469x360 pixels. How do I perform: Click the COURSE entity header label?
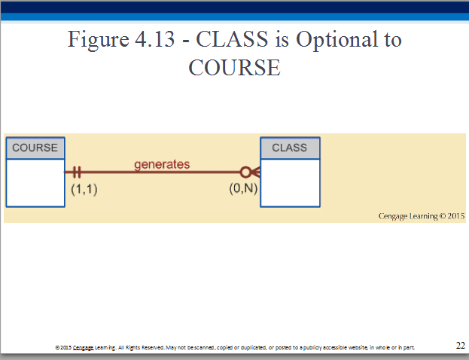[x=35, y=148]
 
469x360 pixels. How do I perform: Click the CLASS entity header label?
[x=289, y=148]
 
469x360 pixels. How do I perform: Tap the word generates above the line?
[x=162, y=165]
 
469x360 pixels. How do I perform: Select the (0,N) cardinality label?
[x=243, y=188]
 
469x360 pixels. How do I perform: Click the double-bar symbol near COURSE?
[x=77, y=172]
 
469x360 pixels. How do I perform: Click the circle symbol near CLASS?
[x=245, y=172]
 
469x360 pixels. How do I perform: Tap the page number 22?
[x=460, y=346]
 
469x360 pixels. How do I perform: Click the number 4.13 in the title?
[x=154, y=39]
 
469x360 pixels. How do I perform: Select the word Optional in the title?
[x=337, y=40]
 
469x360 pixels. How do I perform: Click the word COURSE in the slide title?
[x=234, y=67]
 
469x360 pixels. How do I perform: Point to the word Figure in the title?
[x=98, y=40]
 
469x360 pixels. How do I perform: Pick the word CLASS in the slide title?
[x=232, y=39]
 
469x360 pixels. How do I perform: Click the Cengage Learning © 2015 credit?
[x=422, y=216]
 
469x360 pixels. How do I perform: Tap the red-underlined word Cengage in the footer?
[x=83, y=347]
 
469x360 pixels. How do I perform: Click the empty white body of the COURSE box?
[x=35, y=182]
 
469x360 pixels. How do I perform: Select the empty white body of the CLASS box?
[x=290, y=182]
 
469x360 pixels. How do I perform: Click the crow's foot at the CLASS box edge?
[x=255, y=172]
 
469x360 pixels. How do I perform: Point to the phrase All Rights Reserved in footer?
[x=142, y=347]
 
